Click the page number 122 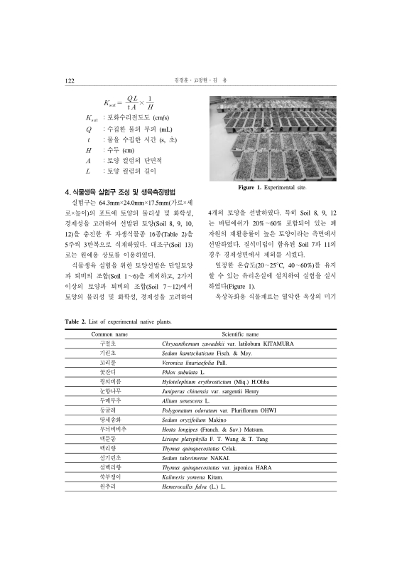coord(70,81)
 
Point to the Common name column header coord(110,334)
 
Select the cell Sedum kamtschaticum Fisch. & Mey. coord(202,353)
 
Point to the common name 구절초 coord(110,343)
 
